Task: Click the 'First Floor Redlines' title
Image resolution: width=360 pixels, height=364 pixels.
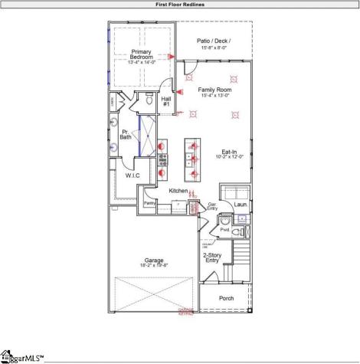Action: [x=180, y=4]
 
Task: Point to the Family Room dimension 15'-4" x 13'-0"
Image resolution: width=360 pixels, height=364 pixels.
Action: [x=214, y=96]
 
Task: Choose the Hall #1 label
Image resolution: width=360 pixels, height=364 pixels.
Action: [x=166, y=100]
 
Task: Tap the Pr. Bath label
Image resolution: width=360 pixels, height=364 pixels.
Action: [x=126, y=135]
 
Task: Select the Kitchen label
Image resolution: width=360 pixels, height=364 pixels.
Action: [x=178, y=190]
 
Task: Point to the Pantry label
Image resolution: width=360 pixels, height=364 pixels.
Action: [x=150, y=203]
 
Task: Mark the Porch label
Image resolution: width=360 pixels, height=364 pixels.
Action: [x=227, y=298]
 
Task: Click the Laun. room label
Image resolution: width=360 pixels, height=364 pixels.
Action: [x=239, y=205]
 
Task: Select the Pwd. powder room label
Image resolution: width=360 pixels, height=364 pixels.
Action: [x=224, y=229]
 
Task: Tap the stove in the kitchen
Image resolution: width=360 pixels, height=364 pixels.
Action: [x=162, y=159]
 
